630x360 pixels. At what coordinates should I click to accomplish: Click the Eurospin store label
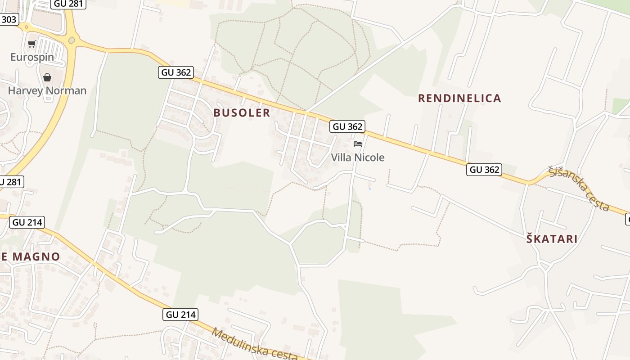32,57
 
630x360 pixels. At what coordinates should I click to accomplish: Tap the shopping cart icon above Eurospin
31,44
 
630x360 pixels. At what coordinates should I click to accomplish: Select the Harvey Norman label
47,90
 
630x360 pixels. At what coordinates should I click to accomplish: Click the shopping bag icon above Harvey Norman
47,77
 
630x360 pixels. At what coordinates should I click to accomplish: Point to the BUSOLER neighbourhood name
242,112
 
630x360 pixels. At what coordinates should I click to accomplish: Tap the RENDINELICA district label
459,98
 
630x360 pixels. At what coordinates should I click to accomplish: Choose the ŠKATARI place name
552,239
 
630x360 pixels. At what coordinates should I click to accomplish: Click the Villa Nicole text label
358,157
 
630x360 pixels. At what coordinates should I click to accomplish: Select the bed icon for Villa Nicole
358,144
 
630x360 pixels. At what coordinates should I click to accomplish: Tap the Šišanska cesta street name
579,189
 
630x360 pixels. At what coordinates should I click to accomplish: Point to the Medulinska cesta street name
254,345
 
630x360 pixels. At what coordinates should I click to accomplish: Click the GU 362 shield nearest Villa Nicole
347,126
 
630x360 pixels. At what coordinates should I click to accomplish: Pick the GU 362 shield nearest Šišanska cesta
484,169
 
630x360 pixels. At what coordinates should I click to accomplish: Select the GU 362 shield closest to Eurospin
175,72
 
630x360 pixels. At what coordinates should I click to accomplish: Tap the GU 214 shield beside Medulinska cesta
180,315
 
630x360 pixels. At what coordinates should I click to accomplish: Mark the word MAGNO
36,257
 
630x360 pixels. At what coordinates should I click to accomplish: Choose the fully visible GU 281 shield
68,4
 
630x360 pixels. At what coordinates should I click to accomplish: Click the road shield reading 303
9,19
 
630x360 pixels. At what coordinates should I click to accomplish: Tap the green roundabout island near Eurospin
71,40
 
